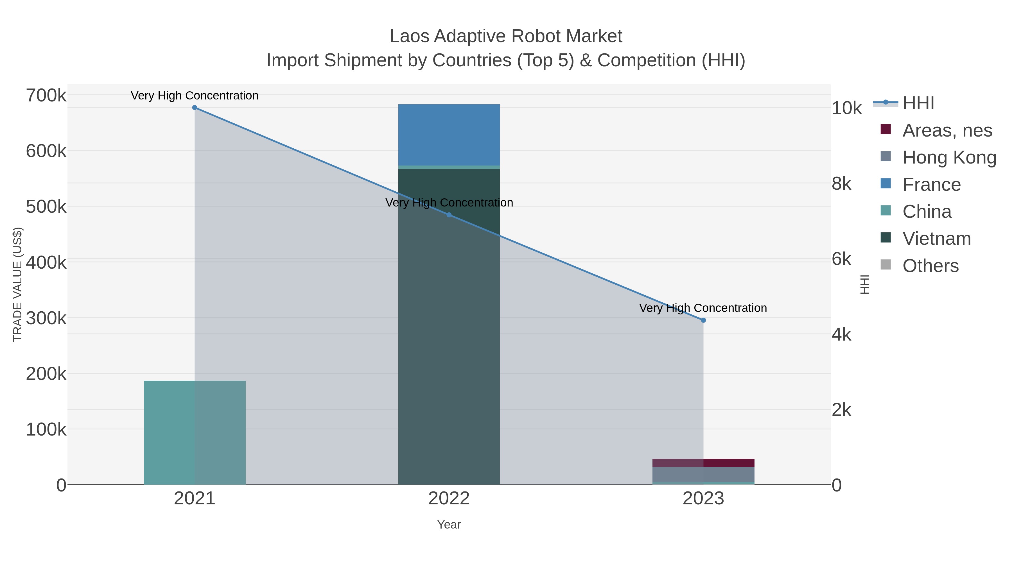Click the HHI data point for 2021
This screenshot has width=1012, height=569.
195,108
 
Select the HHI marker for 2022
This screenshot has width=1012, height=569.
449,215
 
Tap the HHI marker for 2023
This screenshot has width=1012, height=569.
703,320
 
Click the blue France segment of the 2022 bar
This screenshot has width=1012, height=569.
449,135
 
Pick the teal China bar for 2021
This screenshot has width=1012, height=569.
195,432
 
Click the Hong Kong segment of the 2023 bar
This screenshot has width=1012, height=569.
703,474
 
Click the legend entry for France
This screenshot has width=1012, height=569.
931,185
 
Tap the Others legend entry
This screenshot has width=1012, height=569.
930,266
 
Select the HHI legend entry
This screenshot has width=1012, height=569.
918,103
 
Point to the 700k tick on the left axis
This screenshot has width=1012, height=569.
46,96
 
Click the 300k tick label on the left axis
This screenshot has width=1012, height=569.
46,318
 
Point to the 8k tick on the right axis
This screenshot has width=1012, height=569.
841,184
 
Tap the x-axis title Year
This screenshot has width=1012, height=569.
449,525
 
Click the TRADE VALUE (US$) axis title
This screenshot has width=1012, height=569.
18,284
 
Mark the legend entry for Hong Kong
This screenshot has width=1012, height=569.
949,157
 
